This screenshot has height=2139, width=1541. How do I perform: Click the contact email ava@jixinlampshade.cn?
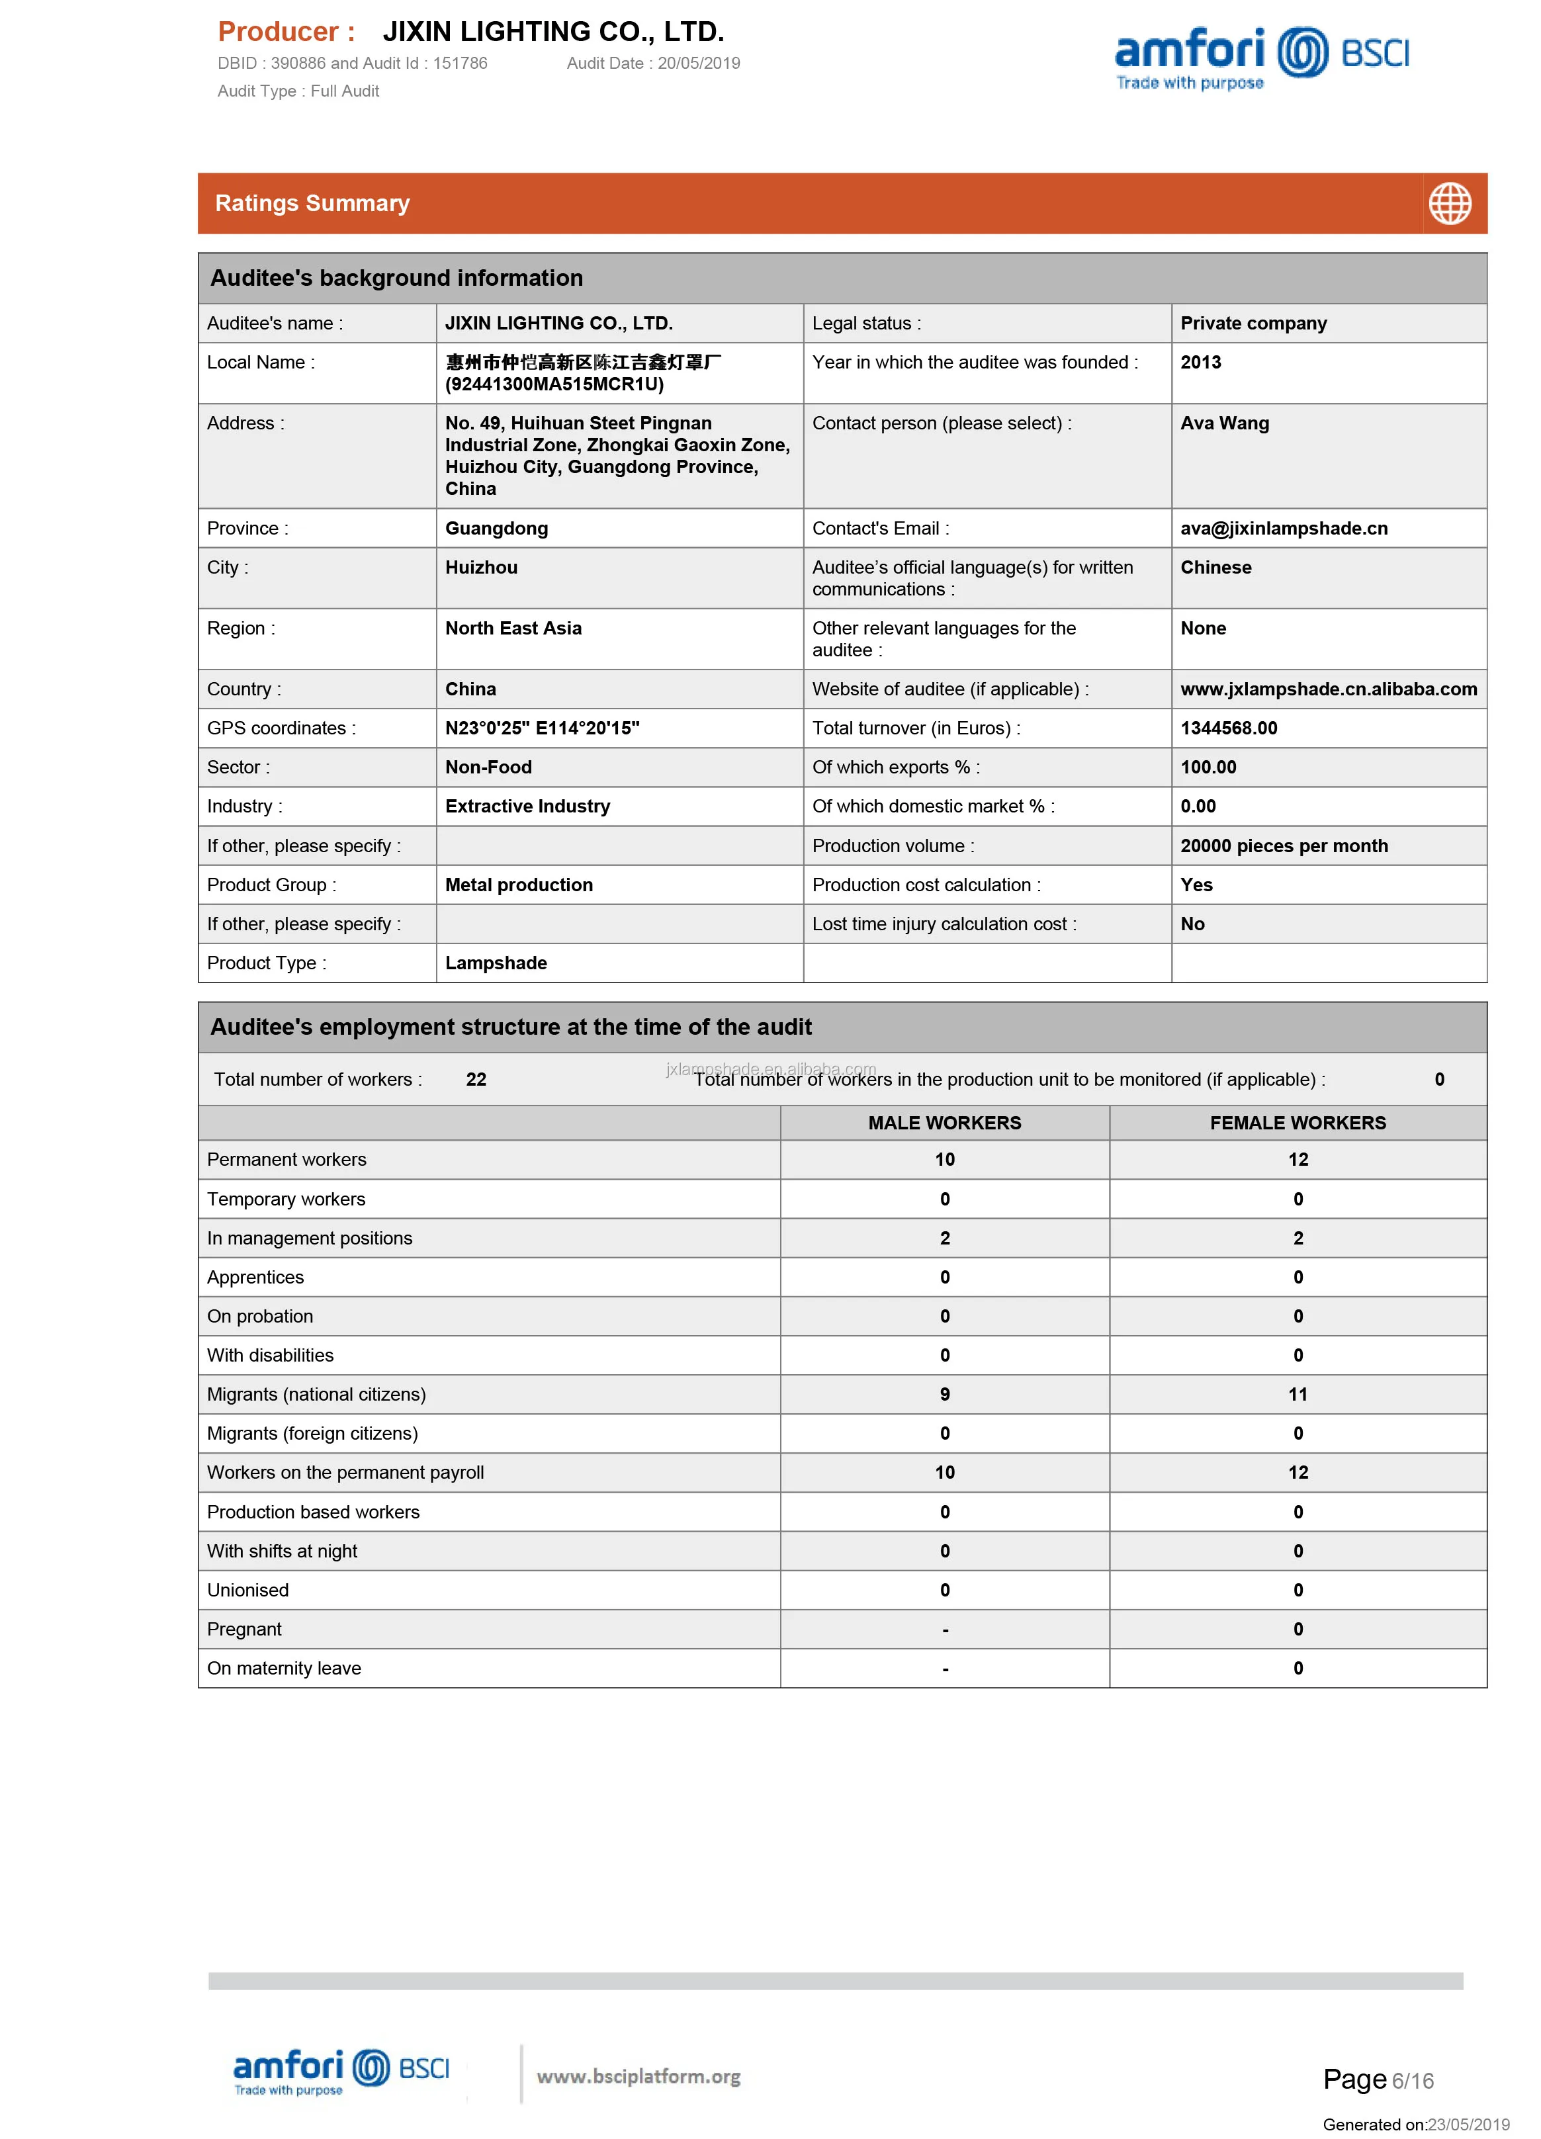point(1284,528)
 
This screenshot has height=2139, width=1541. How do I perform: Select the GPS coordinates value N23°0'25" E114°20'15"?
point(543,728)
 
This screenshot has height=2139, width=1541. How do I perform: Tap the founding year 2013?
point(1200,362)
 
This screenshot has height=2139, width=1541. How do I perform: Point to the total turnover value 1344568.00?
point(1229,728)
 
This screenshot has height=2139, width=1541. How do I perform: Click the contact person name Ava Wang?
point(1224,423)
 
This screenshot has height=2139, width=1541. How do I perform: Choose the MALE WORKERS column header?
point(944,1122)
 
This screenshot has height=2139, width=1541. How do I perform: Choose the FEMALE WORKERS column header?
point(1298,1122)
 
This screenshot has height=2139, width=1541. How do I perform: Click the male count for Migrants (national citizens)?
point(944,1394)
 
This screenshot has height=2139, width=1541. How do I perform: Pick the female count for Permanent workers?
point(1298,1159)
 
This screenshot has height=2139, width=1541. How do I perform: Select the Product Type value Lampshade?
point(496,963)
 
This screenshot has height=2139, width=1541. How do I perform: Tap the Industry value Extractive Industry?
point(527,807)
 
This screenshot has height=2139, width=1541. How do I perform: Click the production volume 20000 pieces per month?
point(1284,846)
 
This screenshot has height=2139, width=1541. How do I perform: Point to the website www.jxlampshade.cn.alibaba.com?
point(1328,689)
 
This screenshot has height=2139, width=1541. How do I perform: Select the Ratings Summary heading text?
point(312,204)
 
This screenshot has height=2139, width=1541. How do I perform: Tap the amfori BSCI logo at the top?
point(1261,57)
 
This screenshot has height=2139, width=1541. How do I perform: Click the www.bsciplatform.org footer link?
point(638,2075)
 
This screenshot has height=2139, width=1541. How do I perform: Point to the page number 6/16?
point(1412,2081)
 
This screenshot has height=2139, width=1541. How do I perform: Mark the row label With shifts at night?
point(282,1550)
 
